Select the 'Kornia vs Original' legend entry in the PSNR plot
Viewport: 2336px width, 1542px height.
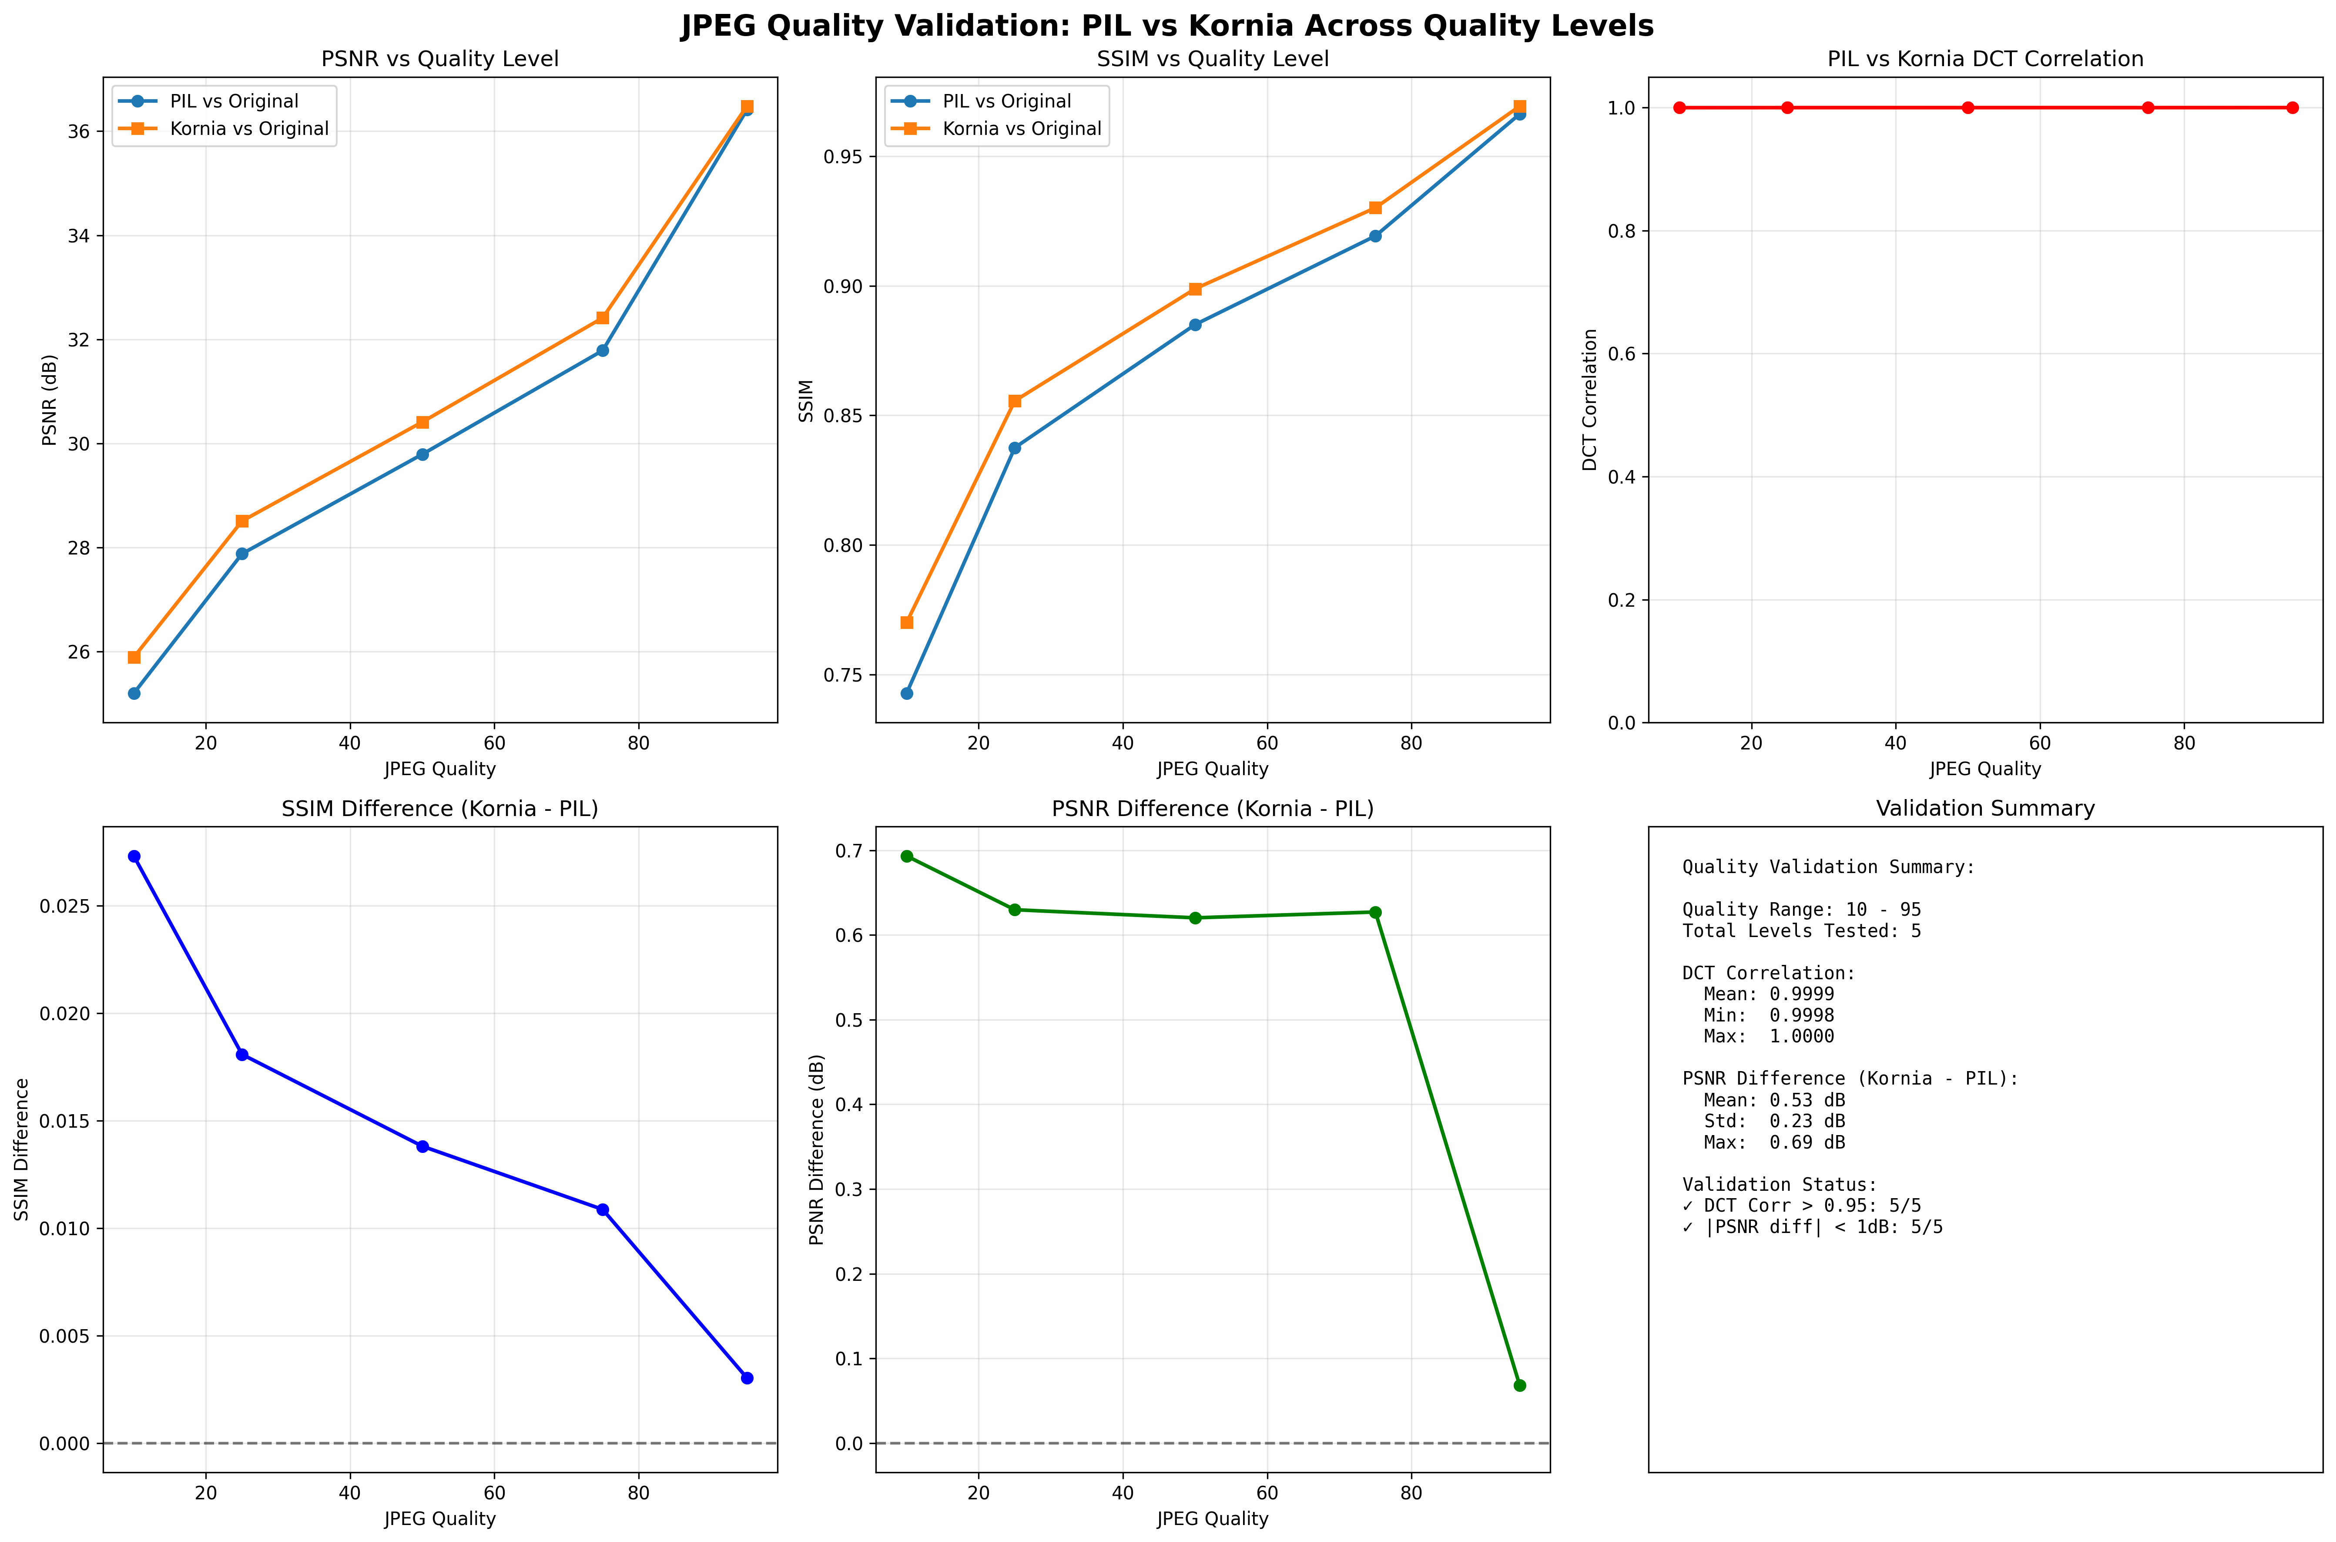(249, 129)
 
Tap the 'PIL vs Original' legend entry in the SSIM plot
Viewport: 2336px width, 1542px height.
(1006, 101)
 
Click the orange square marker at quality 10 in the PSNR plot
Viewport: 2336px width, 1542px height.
(134, 657)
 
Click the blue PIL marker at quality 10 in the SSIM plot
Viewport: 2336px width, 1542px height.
(906, 693)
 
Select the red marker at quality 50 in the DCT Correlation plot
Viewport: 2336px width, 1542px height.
(1967, 107)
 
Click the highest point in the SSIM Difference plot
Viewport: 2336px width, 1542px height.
(134, 857)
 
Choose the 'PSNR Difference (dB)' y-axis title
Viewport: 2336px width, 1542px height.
(817, 1149)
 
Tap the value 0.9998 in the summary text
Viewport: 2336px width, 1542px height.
(1801, 1015)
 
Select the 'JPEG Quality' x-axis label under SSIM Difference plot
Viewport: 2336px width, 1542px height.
(439, 1518)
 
